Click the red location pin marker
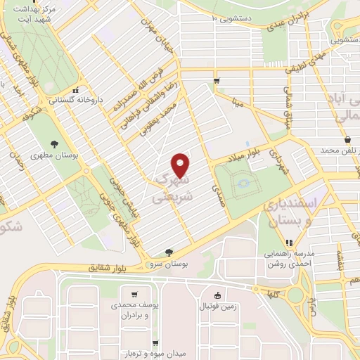(181, 166)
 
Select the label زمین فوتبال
(221, 307)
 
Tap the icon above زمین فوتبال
(217, 295)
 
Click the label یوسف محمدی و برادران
(138, 311)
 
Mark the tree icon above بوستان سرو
(167, 252)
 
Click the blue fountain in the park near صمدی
(243, 184)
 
